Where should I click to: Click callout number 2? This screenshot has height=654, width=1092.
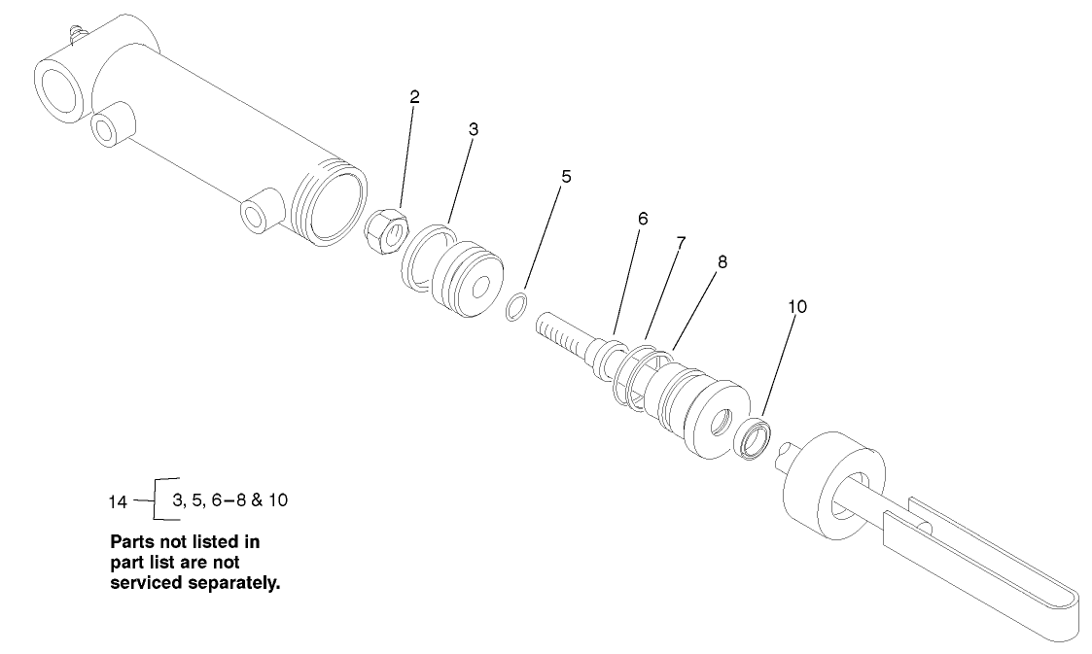[415, 97]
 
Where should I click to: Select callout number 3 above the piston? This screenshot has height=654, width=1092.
[474, 129]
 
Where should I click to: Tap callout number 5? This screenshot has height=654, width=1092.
[566, 177]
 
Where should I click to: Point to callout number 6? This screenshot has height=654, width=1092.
[643, 219]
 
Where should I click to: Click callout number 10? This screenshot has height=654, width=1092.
[797, 306]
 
